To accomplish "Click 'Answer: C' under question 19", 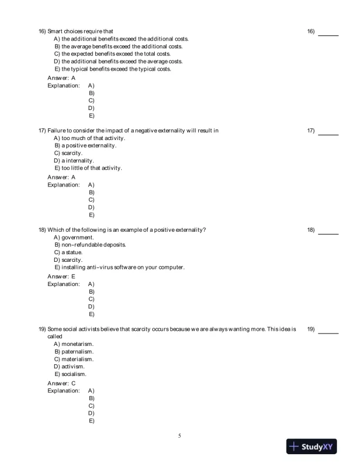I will pyautogui.click(x=61, y=383).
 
